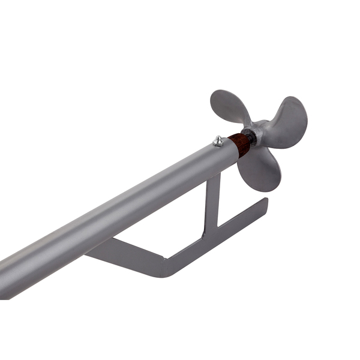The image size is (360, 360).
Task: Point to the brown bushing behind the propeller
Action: coord(241,145)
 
